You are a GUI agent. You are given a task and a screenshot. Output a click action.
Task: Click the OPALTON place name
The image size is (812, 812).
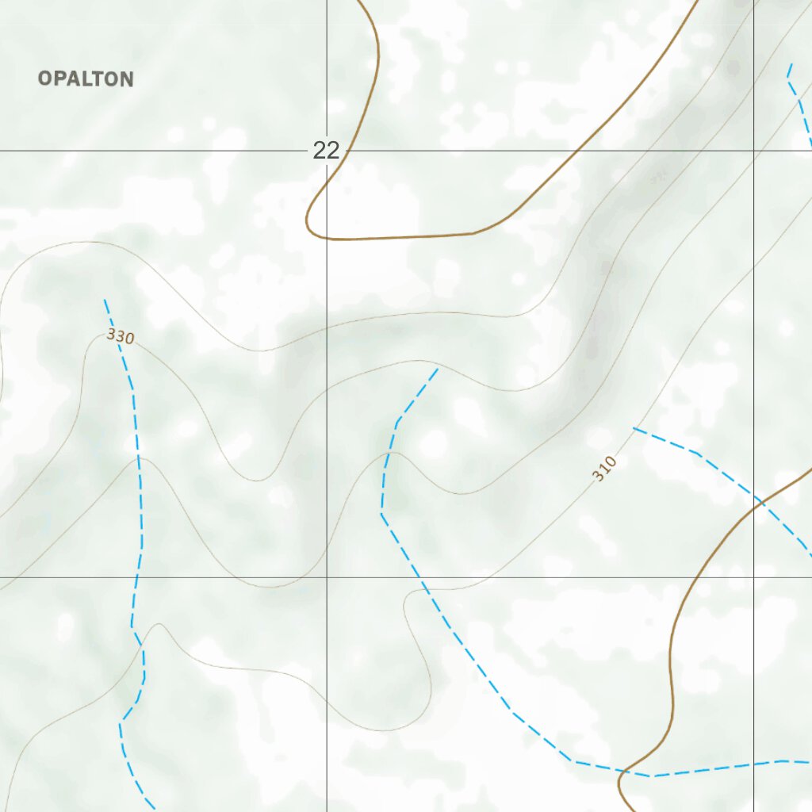click(x=86, y=79)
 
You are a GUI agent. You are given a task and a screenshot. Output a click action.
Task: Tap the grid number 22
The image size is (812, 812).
click(x=326, y=150)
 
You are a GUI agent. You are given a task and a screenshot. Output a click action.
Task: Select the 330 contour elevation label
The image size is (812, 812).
click(x=121, y=336)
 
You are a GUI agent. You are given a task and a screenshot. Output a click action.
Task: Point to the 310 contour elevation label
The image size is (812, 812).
click(x=603, y=469)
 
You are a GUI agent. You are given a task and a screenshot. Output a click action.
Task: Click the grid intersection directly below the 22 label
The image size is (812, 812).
click(x=327, y=577)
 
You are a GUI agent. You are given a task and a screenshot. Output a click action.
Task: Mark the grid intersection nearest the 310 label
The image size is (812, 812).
click(x=753, y=577)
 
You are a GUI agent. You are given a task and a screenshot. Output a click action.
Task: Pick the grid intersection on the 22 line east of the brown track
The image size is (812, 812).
click(x=753, y=150)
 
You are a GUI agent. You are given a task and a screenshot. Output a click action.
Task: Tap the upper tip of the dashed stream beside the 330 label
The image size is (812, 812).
click(x=105, y=300)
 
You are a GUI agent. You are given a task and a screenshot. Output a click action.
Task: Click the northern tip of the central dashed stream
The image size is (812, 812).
click(x=438, y=368)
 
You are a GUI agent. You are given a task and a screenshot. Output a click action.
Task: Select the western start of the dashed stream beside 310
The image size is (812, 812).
click(x=633, y=428)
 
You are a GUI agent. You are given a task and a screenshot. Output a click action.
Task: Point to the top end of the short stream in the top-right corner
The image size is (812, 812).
click(x=791, y=63)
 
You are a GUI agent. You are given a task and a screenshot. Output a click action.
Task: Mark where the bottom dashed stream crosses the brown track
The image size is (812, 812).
click(x=622, y=770)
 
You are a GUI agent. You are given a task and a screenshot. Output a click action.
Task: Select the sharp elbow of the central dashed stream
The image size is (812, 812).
click(x=381, y=513)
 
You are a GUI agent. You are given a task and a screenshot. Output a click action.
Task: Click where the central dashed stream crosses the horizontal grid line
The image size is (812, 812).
click(x=420, y=577)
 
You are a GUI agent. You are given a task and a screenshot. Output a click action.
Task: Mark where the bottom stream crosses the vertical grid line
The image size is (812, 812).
click(x=753, y=764)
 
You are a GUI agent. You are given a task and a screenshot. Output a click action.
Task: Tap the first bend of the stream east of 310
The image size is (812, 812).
click(x=696, y=453)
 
